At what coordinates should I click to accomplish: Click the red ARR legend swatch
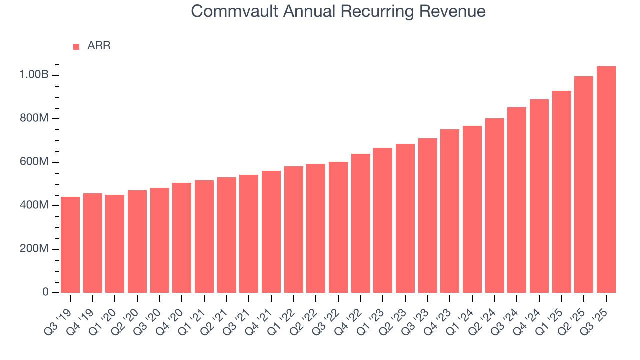[76, 46]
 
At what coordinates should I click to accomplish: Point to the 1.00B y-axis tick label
[34, 75]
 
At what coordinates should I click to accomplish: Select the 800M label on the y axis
[34, 118]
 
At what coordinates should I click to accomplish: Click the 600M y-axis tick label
[34, 162]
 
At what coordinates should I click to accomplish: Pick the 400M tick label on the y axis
[34, 205]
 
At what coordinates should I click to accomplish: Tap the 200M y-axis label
[34, 249]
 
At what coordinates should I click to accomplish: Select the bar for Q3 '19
[70, 245]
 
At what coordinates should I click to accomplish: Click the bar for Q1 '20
[115, 244]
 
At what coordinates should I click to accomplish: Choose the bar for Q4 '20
[182, 238]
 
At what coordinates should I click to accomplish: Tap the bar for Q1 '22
[294, 230]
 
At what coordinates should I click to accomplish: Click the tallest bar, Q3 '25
[606, 180]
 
